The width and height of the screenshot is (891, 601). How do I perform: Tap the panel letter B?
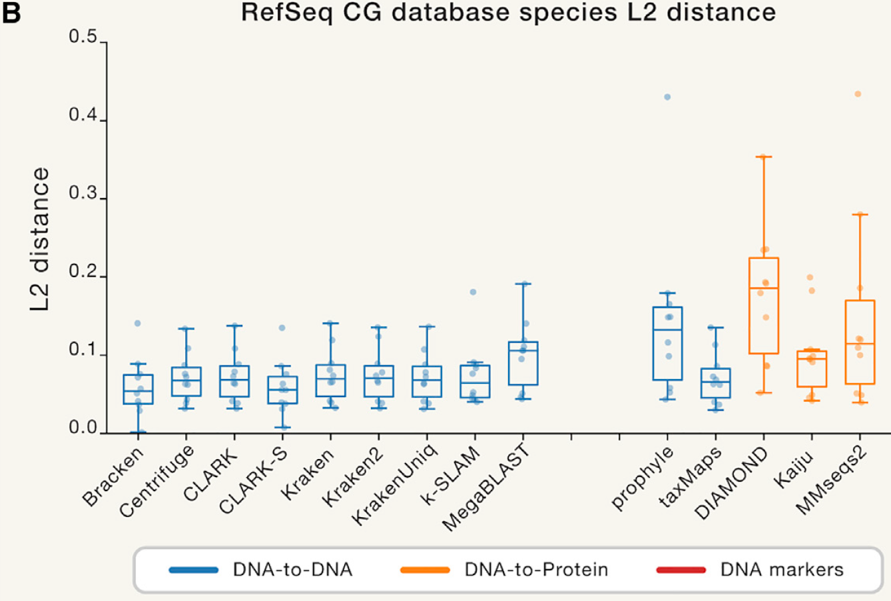(x=11, y=13)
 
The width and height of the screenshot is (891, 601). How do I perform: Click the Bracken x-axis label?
(x=113, y=477)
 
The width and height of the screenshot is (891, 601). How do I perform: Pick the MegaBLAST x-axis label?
(x=487, y=488)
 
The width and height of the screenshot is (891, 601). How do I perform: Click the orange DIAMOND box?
(x=764, y=305)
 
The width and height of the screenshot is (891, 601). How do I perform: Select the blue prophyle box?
(x=668, y=343)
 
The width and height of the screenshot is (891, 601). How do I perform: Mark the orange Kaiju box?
(x=811, y=368)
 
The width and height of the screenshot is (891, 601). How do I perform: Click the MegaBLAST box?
(x=523, y=363)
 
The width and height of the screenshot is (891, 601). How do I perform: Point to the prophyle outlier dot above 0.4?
(x=667, y=97)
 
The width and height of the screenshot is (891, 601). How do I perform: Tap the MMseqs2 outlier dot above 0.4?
(x=858, y=94)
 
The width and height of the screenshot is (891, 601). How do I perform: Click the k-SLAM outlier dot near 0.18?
(x=473, y=292)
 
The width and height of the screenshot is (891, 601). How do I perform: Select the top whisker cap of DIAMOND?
(x=764, y=157)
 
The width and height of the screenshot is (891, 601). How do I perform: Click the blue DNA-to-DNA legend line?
(x=194, y=570)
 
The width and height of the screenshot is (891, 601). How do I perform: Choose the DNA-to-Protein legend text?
(x=536, y=570)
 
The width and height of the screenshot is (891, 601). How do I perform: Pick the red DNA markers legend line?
(x=681, y=570)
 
